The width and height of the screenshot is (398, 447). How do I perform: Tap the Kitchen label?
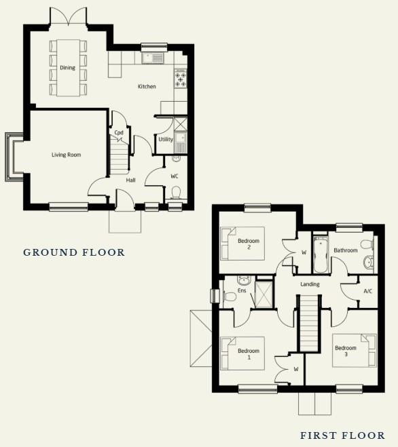tap(147, 86)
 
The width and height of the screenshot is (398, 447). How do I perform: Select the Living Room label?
tap(66, 155)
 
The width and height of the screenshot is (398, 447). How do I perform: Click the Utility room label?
tap(165, 140)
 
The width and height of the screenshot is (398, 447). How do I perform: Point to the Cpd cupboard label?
tap(119, 133)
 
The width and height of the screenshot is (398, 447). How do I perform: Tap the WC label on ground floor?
tap(174, 176)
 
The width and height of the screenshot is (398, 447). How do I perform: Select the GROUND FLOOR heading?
tap(74, 252)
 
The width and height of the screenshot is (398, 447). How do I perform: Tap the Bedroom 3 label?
tap(345, 351)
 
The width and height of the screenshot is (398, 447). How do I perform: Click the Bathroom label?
tap(345, 250)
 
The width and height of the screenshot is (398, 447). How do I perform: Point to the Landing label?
tap(310, 284)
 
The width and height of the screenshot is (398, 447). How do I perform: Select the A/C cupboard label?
tap(367, 291)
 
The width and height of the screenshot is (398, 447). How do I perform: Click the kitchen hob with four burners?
tap(181, 81)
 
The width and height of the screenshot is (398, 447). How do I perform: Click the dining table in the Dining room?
tap(69, 67)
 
